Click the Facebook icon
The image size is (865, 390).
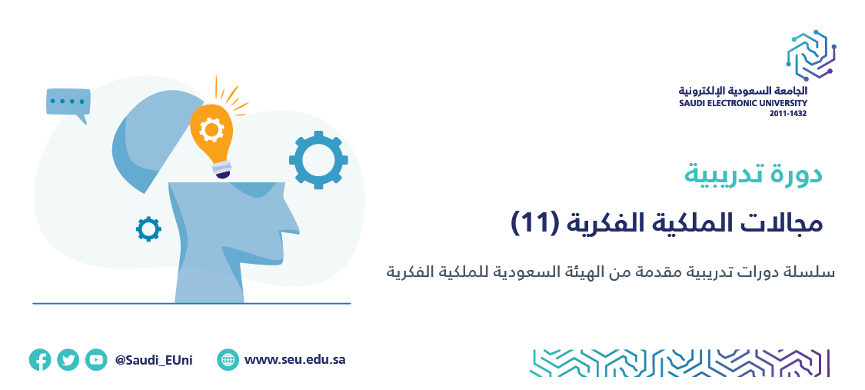[40, 360]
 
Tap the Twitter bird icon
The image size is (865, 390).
[68, 360]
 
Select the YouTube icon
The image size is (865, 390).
[96, 360]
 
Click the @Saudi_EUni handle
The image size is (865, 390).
[154, 361]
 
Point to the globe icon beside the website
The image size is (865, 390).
[228, 360]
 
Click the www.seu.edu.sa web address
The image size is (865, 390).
[295, 360]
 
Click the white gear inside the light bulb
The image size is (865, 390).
[211, 130]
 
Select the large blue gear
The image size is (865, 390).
[318, 160]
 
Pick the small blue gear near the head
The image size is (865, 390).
[148, 229]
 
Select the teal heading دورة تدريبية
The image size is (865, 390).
[753, 174]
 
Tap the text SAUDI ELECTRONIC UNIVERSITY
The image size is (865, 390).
[743, 103]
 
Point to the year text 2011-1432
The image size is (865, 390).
[788, 113]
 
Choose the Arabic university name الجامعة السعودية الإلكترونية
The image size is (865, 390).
[743, 91]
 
